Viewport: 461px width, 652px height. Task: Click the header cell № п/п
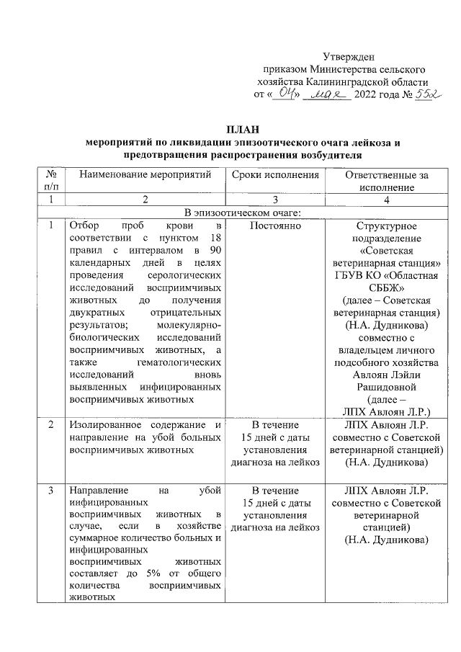(x=51, y=181)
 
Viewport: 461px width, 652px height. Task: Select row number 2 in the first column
(x=51, y=425)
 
